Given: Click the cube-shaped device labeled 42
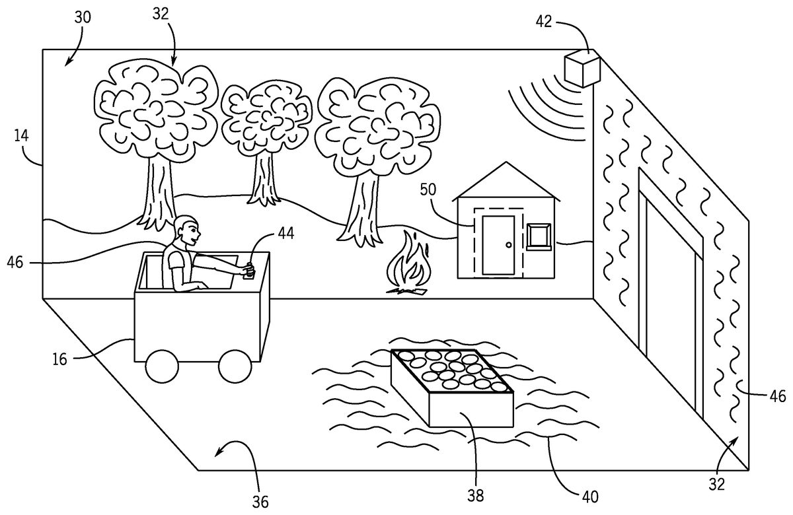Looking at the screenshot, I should [x=582, y=68].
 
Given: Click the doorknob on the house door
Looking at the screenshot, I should [x=508, y=245].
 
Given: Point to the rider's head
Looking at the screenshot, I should [x=187, y=230].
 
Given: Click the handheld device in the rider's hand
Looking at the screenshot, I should [x=249, y=271].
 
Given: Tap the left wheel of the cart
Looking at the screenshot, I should [x=161, y=366].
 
